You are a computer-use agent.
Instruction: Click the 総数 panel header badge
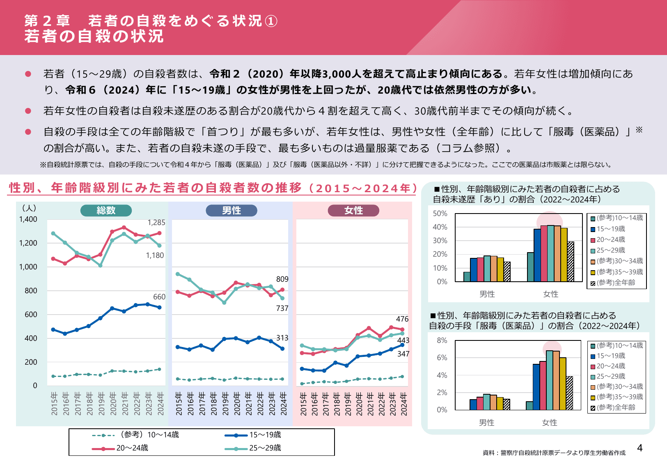tap(106, 211)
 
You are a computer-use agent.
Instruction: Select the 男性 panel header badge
tap(231, 211)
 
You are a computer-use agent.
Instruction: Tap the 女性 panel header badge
tap(353, 211)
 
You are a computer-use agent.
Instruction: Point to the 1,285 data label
tap(156, 223)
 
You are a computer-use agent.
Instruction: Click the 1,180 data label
tap(155, 255)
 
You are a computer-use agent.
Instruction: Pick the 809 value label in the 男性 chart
tap(282, 279)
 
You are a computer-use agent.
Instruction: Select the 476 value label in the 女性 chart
tap(402, 319)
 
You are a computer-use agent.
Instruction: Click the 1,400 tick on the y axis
tap(28, 219)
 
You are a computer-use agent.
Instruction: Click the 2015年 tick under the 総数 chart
tap(54, 403)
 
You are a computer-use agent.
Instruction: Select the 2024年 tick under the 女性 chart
tap(403, 403)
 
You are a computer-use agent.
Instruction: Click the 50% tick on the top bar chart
tap(440, 214)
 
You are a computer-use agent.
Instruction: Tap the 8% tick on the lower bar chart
tap(442, 340)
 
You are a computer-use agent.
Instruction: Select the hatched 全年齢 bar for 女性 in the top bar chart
tap(571, 262)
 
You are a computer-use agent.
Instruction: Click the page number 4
tap(639, 448)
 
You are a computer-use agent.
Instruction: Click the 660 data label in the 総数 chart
tap(159, 297)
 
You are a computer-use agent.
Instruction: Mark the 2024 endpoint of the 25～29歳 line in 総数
tap(159, 246)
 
